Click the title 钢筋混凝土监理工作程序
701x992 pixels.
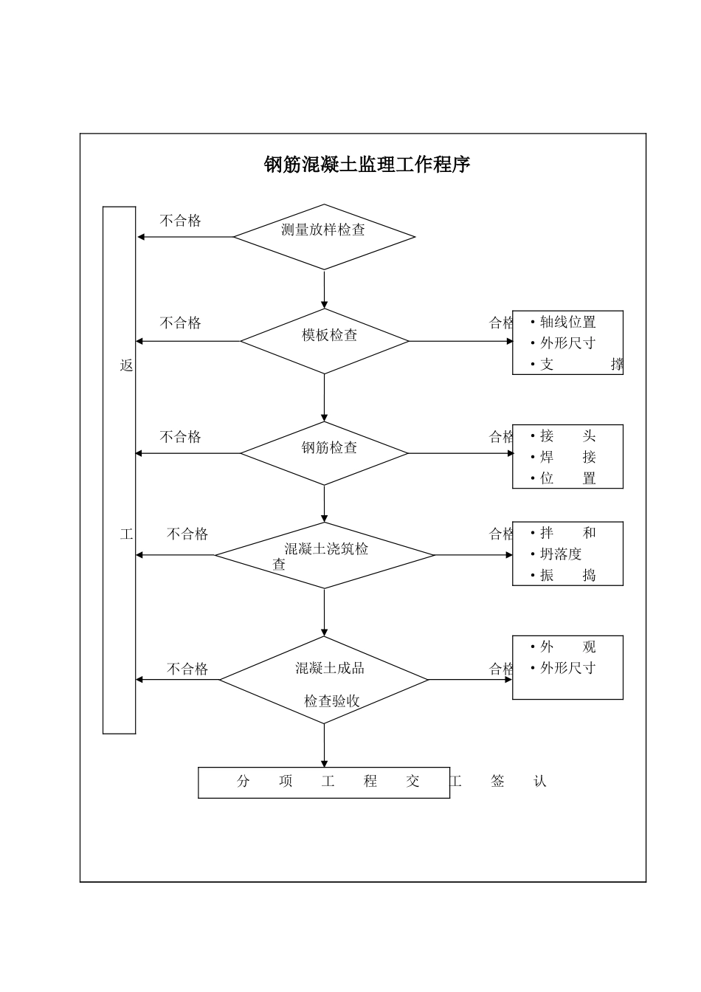click(367, 165)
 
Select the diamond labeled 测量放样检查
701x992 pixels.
click(324, 236)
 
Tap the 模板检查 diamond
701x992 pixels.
click(325, 340)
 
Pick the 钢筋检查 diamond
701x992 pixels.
click(325, 452)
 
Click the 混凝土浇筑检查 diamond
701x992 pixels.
click(325, 555)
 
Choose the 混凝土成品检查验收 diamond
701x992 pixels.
click(325, 680)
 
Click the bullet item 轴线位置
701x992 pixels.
click(567, 322)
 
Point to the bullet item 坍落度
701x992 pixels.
click(561, 554)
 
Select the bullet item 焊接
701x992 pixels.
click(567, 457)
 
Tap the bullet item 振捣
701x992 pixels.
click(567, 576)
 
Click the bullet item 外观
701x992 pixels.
click(567, 647)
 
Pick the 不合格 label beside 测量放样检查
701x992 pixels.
click(180, 221)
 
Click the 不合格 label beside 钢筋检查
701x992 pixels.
click(180, 437)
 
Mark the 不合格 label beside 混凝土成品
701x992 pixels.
click(187, 669)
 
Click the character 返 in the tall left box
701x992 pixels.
click(127, 365)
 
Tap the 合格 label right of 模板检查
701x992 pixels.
click(501, 323)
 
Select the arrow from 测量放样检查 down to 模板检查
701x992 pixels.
click(325, 289)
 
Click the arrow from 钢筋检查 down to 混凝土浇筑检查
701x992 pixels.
click(325, 503)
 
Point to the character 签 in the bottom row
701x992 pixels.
click(497, 781)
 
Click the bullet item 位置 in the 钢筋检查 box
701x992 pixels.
click(567, 478)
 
